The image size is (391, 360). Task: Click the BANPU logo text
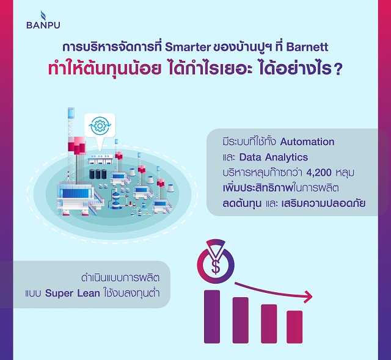(43, 25)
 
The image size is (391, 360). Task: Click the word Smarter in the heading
(188, 47)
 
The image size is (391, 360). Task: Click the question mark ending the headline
(337, 70)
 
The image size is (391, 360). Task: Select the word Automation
(307, 142)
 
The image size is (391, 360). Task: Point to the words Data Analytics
(274, 157)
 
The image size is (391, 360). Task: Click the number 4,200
(319, 173)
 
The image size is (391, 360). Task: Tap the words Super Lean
(72, 293)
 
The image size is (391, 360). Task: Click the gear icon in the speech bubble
(100, 126)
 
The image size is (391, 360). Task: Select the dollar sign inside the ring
(216, 267)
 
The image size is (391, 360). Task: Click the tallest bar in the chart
(212, 317)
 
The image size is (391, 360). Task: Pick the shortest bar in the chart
(294, 327)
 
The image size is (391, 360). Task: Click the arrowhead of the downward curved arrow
(309, 297)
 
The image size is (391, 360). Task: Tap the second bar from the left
(240, 320)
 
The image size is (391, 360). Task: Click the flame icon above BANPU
(43, 15)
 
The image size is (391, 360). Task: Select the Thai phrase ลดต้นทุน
(242, 203)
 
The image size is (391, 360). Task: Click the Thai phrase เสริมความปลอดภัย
(323, 203)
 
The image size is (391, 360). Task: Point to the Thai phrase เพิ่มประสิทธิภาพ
(258, 188)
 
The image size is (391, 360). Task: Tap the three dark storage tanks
(98, 174)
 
